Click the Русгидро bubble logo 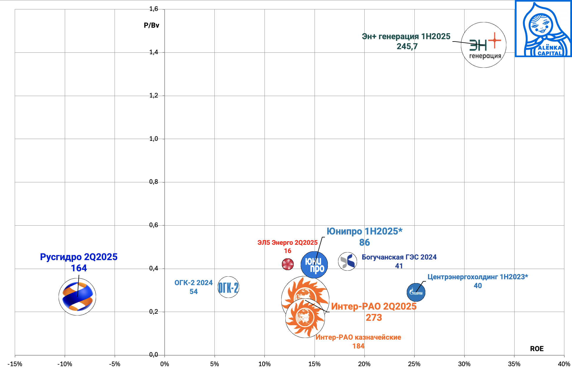point(77,297)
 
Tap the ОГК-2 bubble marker point(228,287)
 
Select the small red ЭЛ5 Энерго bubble point(288,264)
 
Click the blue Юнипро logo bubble point(314,265)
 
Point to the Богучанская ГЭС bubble point(348,261)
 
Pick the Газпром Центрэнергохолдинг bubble point(416,292)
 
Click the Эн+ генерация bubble point(484,45)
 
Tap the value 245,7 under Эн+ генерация point(407,47)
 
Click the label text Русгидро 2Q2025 point(79,257)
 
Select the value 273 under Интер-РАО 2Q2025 point(374,318)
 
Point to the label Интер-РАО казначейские point(358,337)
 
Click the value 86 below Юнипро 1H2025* point(364,242)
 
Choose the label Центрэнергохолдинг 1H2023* point(477,277)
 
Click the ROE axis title point(537,349)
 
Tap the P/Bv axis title point(151,25)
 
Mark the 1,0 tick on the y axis point(153,139)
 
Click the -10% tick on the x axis point(65,364)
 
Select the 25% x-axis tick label point(414,364)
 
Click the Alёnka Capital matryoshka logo point(543,29)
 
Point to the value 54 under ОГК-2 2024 point(194,292)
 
